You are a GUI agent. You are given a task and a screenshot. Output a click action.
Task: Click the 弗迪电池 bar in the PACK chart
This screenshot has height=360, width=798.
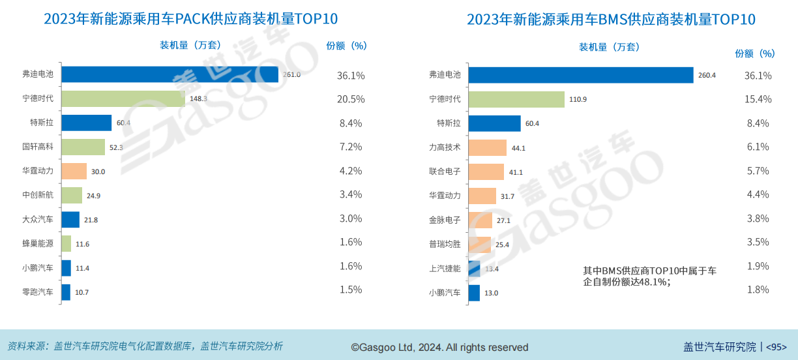170,75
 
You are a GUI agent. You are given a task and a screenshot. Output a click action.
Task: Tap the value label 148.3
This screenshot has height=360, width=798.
198,99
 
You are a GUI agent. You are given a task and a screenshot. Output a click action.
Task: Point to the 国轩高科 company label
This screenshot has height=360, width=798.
38,147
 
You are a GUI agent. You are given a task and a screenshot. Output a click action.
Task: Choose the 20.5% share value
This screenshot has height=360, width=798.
350,99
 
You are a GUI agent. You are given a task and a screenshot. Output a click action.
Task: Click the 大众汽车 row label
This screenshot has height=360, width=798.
38,219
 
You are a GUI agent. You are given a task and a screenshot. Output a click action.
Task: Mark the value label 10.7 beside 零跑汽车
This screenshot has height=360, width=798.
81,292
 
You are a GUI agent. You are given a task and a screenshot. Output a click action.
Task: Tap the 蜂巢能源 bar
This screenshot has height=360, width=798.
66,243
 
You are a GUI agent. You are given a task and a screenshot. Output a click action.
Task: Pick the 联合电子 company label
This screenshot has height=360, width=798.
445,172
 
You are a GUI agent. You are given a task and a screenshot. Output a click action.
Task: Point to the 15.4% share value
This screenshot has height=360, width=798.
758,99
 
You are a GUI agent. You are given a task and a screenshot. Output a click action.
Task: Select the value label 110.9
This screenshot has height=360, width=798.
578,99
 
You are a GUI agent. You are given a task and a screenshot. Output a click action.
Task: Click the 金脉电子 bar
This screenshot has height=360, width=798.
480,220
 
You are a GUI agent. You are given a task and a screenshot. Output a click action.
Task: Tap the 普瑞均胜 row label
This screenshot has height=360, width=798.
445,244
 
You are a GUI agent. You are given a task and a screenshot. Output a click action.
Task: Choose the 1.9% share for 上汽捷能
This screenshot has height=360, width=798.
758,266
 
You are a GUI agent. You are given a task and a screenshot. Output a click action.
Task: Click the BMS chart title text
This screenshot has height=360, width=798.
611,20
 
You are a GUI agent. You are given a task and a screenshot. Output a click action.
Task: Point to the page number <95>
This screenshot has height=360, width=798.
776,347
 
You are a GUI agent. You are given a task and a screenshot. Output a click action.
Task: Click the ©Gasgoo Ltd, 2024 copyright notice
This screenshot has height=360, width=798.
439,347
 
